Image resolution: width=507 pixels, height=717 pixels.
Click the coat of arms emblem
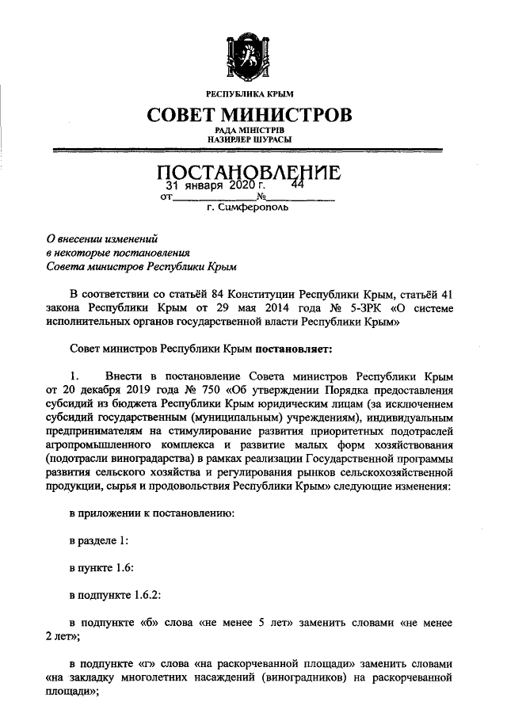point(249,53)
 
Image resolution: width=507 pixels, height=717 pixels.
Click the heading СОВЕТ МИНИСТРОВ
point(249,116)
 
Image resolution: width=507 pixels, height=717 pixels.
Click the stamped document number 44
point(298,185)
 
